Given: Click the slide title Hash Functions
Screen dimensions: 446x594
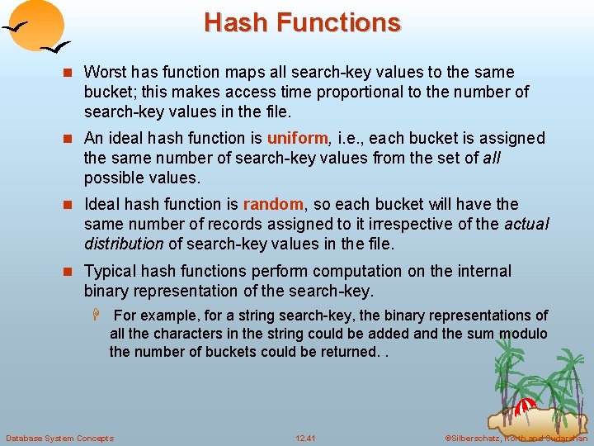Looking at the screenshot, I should point(302,22).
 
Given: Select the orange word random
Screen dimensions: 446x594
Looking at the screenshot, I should point(274,204).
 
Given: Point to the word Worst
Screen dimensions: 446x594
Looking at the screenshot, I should point(105,73).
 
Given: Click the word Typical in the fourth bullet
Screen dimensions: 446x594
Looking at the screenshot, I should point(111,271).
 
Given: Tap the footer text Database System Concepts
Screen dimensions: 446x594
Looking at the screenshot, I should point(59,438).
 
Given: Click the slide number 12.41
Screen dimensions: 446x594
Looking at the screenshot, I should point(305,438).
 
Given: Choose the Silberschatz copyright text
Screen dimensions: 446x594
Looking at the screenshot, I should point(516,438).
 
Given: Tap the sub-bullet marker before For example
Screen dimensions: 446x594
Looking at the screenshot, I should point(97,316).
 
